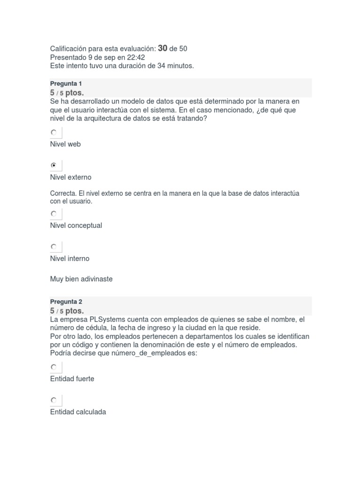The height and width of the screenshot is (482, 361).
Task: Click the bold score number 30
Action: point(163,48)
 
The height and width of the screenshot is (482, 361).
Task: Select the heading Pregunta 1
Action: point(66,83)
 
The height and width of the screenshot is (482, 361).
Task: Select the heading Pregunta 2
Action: point(66,302)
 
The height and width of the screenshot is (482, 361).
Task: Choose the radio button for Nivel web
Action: point(54,133)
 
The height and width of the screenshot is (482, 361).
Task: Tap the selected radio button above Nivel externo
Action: point(54,166)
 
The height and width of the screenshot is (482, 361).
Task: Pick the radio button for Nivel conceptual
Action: point(54,214)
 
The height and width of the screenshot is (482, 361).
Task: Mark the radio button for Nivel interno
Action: point(54,247)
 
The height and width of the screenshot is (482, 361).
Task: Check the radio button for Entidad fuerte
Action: point(54,367)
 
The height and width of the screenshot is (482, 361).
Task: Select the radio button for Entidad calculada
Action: point(54,400)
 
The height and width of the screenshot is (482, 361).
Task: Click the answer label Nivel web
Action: point(65,144)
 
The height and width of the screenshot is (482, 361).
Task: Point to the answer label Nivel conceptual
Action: point(76,225)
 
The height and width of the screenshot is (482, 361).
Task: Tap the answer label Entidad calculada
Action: point(78,412)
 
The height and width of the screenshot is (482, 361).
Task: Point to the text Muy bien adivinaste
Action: point(81,279)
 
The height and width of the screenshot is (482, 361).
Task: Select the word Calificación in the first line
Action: point(71,48)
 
